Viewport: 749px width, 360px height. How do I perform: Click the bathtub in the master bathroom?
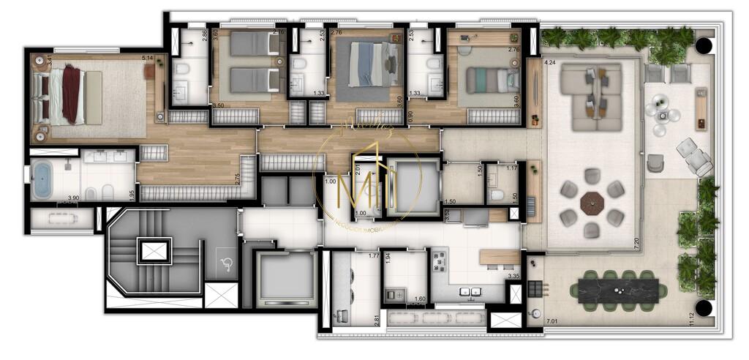(x=42, y=181)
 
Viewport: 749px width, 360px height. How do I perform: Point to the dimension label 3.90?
(x=73, y=198)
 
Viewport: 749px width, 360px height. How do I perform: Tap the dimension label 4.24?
(x=551, y=62)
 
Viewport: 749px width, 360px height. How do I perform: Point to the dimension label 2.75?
(x=238, y=179)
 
